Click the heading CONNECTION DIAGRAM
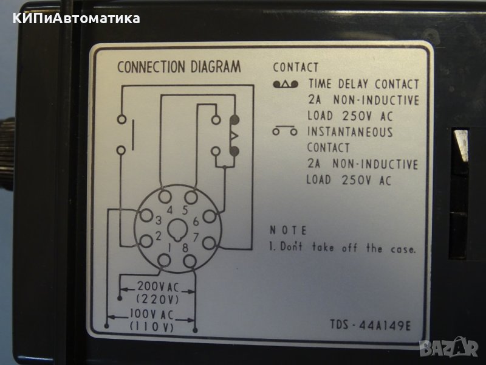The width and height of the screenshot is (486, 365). [x=179, y=67]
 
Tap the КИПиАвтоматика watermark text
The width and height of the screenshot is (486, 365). [x=76, y=18]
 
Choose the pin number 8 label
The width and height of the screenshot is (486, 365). [x=185, y=248]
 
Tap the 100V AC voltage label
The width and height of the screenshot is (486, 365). [x=152, y=315]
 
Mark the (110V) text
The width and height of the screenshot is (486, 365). [x=152, y=327]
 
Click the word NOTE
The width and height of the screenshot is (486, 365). [x=288, y=231]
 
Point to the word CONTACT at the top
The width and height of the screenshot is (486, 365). [x=296, y=68]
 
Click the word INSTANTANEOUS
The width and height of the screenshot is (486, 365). [x=350, y=132]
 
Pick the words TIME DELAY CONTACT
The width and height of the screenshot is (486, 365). [x=363, y=84]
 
